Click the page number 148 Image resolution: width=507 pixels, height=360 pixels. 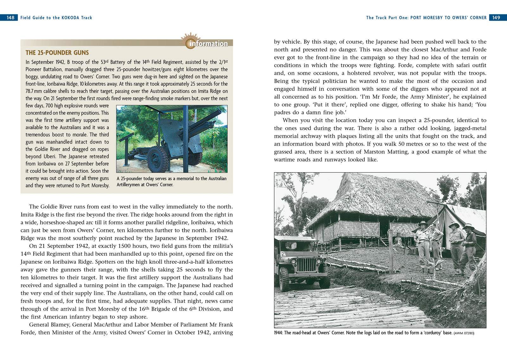coord(10,18)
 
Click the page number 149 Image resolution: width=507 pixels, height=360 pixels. coord(496,18)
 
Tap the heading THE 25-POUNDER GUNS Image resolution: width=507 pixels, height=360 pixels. coord(57,53)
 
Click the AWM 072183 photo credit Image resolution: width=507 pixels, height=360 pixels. coord(464,333)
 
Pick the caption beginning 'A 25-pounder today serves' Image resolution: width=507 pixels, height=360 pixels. coord(171,181)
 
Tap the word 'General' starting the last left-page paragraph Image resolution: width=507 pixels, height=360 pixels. coord(40,324)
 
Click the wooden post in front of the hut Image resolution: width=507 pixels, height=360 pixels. coord(391,251)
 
